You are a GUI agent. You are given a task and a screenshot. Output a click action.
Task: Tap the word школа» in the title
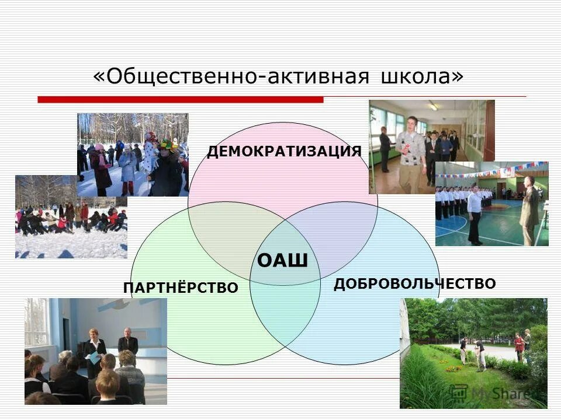coord(421,77)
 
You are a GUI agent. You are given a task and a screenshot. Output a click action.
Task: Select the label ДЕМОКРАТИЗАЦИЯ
coord(284,152)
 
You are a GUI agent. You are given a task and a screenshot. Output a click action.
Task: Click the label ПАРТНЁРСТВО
coord(181,288)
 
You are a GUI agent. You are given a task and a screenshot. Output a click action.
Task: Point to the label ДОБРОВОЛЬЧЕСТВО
coord(415,284)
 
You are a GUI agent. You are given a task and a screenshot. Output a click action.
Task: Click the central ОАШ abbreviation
coord(282,260)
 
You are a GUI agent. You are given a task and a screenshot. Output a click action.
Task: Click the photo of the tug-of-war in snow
coord(71,216)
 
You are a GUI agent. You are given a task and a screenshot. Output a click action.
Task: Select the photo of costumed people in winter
coord(133,155)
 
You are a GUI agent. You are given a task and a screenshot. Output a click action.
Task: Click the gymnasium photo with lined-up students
coord(491,204)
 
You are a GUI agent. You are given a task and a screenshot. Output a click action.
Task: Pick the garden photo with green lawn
coord(473,353)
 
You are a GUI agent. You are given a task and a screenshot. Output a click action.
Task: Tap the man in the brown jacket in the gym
coord(529,210)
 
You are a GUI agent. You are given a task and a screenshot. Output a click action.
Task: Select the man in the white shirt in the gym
coord(475,213)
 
